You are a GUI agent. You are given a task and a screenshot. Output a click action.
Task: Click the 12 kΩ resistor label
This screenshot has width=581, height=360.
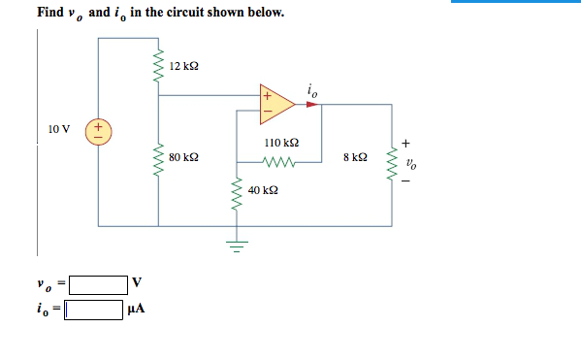(x=183, y=65)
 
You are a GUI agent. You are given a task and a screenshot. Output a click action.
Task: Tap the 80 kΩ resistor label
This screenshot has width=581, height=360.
(x=183, y=155)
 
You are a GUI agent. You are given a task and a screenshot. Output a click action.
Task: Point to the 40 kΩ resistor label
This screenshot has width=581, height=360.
(x=263, y=191)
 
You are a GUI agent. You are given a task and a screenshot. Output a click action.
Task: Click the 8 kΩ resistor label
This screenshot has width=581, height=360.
(x=355, y=155)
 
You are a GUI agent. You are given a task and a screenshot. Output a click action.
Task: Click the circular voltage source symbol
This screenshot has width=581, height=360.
(x=98, y=129)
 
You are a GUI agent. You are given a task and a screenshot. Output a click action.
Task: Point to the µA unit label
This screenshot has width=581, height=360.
(x=137, y=311)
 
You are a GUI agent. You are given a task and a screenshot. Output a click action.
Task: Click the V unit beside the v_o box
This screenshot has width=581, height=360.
(x=137, y=283)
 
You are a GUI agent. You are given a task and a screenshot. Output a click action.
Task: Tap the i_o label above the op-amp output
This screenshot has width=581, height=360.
(x=310, y=91)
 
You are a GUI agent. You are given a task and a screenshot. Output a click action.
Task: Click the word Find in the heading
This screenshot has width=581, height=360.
(x=49, y=14)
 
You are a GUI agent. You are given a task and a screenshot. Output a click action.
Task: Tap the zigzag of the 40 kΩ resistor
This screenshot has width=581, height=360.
(x=235, y=195)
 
